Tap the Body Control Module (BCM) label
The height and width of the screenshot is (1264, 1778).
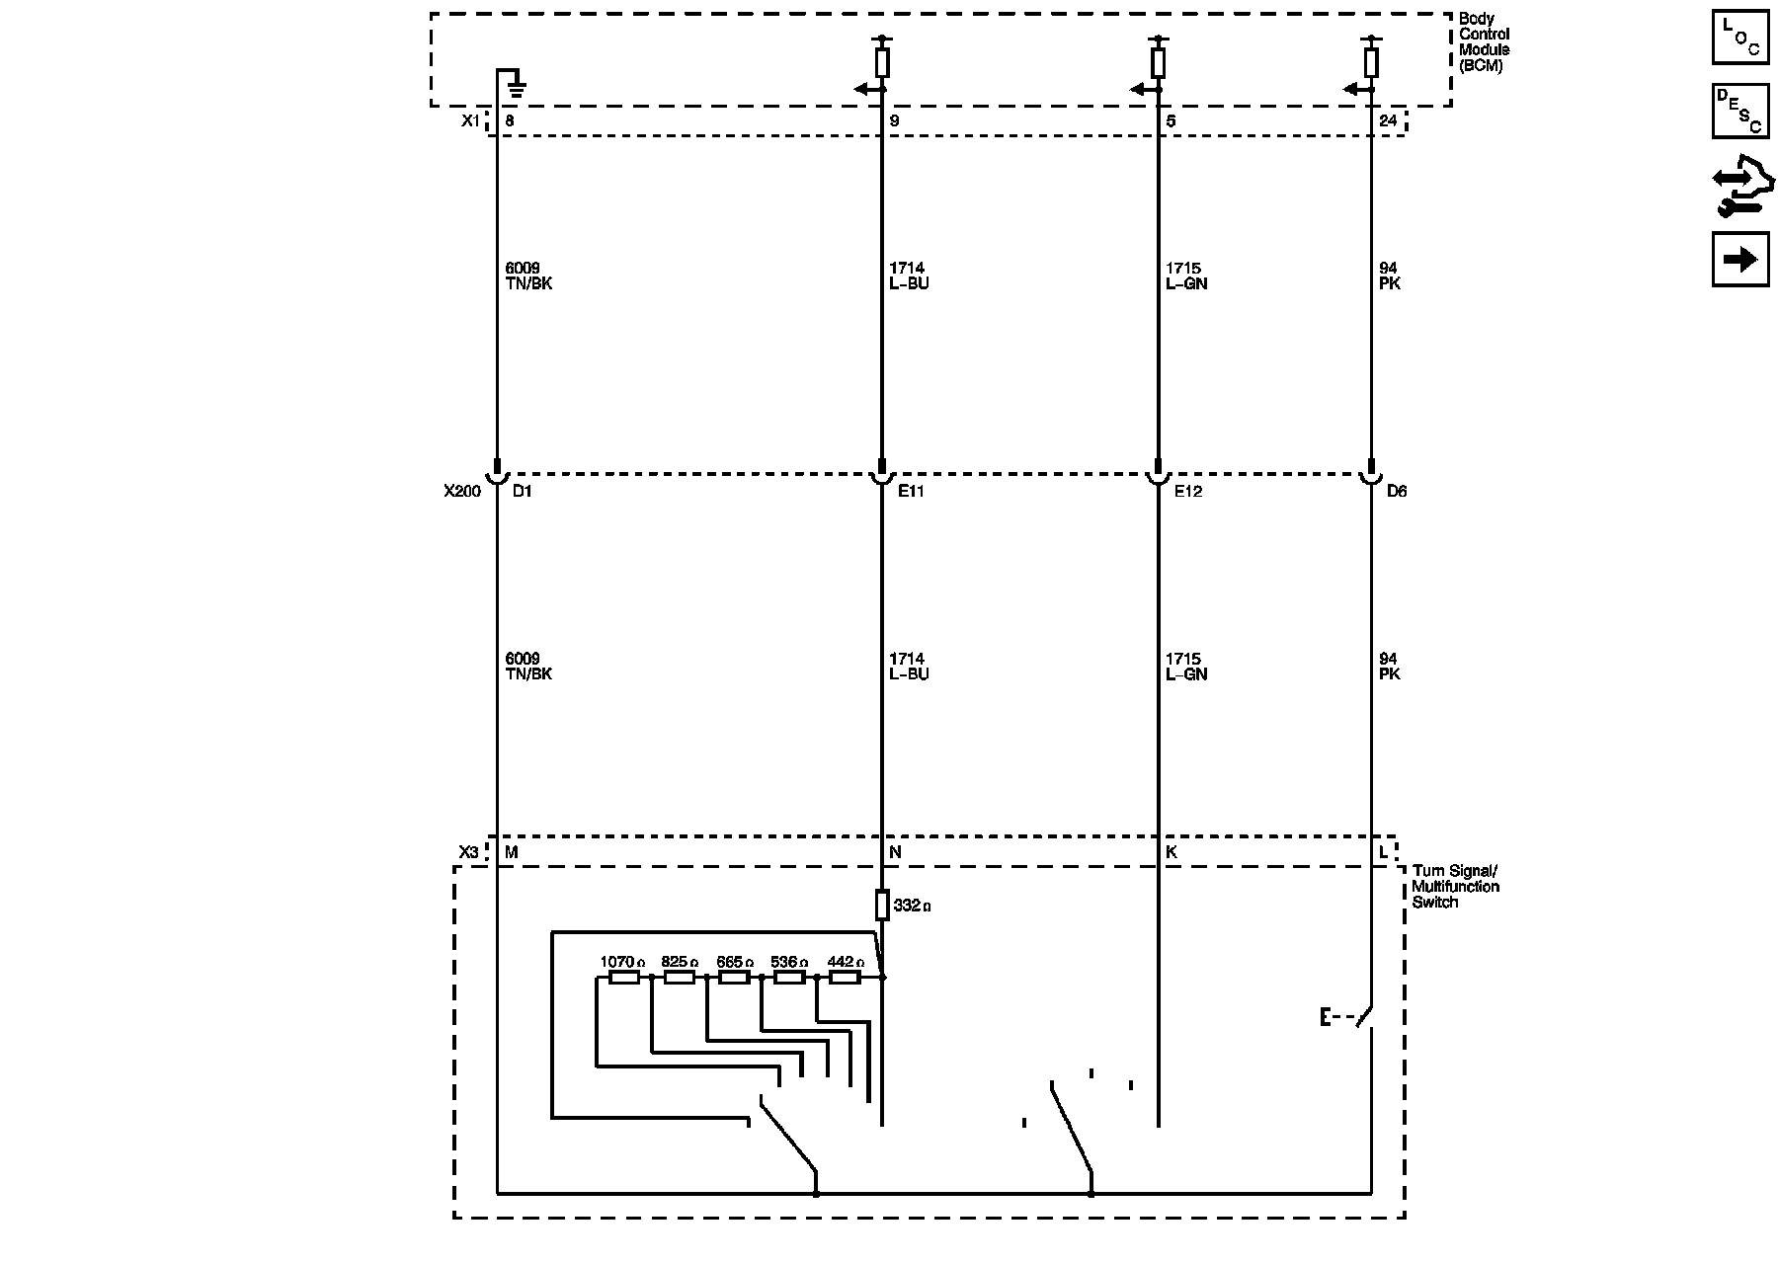tap(1484, 42)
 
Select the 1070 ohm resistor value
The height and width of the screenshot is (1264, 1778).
tap(622, 962)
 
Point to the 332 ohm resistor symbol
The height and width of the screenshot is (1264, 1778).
tap(882, 905)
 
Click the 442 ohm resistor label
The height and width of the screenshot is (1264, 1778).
tap(846, 962)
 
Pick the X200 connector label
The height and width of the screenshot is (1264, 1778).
tap(461, 491)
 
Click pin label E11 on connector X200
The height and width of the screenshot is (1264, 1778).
tap(911, 491)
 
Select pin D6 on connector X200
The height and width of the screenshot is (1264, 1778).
tap(1396, 491)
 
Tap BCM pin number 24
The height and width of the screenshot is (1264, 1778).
tap(1388, 121)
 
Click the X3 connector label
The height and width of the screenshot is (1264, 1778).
tap(468, 851)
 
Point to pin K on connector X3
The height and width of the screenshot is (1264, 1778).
tap(1172, 851)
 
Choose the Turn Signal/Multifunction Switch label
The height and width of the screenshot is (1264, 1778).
tap(1455, 886)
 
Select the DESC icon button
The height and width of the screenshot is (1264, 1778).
tap(1740, 111)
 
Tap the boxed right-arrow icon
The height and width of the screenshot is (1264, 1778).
tap(1740, 260)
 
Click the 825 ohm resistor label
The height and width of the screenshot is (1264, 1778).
tap(679, 962)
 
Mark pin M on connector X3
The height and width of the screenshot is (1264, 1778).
tap(512, 851)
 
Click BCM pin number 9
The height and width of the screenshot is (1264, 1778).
tap(894, 121)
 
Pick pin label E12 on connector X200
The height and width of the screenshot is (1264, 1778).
tap(1188, 491)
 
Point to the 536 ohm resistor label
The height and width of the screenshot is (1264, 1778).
tap(788, 962)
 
